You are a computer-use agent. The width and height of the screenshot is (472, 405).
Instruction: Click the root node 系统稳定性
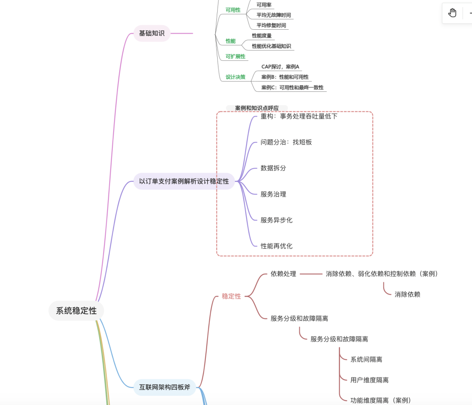coord(76,311)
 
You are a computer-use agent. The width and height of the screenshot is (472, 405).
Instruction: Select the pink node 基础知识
coord(152,33)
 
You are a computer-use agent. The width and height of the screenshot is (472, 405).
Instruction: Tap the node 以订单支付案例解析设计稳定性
coord(184,181)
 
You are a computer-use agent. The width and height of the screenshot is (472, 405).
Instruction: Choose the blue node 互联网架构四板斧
coord(165,387)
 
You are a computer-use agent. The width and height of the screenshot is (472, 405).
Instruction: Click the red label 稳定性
coord(231,296)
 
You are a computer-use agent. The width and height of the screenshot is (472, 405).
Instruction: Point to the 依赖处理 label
coord(283,274)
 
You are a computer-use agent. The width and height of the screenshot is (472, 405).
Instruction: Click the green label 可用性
coord(233,10)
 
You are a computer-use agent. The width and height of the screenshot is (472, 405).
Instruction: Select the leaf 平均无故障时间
coord(274,15)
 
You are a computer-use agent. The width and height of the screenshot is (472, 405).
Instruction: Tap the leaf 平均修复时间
coord(271,25)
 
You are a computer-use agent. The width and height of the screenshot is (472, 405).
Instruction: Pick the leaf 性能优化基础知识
coord(271,46)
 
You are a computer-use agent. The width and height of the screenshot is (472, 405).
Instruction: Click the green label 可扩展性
coord(235,56)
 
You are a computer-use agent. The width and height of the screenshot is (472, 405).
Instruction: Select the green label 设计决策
coord(235,77)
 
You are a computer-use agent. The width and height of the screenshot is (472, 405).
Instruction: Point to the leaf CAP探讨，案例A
coord(280,67)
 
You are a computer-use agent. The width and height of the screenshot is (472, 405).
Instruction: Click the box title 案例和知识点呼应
coord(257,108)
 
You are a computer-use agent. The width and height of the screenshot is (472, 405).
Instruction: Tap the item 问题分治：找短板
coord(286,142)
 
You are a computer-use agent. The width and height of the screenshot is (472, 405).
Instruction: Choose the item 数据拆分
coord(273,168)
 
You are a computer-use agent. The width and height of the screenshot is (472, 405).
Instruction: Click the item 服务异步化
coord(277,220)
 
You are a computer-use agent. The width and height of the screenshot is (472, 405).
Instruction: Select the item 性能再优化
coord(277,246)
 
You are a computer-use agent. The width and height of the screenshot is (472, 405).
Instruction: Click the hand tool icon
coord(452,13)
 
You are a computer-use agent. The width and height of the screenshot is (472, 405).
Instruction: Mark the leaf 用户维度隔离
coord(369,380)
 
